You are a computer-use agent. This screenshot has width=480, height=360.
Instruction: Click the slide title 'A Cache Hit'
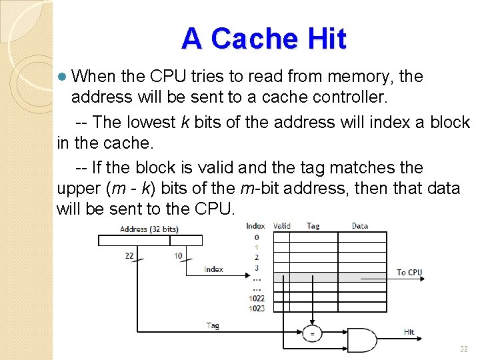click(264, 39)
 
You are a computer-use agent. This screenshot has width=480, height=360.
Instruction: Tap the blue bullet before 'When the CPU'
click(62, 77)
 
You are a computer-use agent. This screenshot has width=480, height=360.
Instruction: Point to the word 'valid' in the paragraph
click(199, 167)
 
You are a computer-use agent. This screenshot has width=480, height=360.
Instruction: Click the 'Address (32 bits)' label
click(149, 229)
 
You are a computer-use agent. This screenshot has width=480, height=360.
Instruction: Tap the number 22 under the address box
click(130, 255)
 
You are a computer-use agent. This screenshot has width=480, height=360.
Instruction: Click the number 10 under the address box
click(178, 255)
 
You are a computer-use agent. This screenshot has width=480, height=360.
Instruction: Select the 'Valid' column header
click(282, 226)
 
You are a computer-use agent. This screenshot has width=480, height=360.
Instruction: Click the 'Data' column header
click(360, 226)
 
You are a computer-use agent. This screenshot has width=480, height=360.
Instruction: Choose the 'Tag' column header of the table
click(313, 226)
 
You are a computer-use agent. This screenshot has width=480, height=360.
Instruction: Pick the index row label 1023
click(257, 308)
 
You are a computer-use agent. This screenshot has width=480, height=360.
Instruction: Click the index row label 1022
click(257, 299)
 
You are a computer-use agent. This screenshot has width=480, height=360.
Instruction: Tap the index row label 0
click(257, 237)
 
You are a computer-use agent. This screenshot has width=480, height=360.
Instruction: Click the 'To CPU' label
click(409, 272)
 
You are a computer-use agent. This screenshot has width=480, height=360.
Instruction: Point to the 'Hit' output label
click(409, 332)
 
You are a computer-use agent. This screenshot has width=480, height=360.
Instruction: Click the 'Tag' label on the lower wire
click(213, 325)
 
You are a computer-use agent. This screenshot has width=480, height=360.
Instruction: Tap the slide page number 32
click(463, 349)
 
